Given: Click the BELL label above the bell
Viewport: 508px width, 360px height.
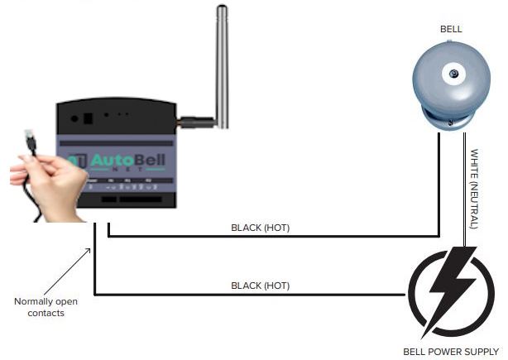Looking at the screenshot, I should click(x=451, y=29).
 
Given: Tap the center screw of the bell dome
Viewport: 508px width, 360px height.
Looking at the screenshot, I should click(x=453, y=74).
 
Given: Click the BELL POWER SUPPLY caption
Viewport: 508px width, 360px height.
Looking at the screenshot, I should click(x=452, y=351).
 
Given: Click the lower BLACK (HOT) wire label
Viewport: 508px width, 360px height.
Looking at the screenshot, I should click(x=261, y=286).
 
